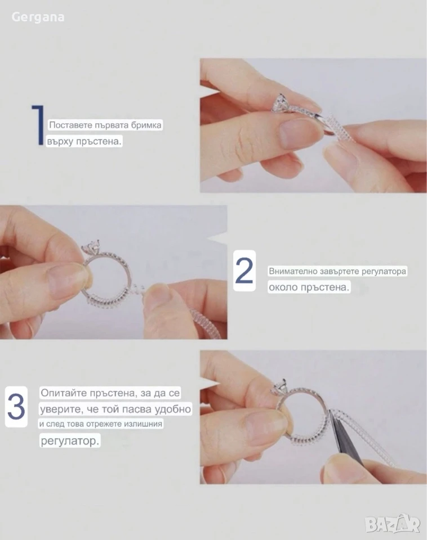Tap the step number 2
(244, 271)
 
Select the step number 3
(16, 407)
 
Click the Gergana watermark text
(38, 17)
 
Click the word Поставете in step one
(70, 125)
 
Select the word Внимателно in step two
(293, 271)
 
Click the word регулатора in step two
(384, 271)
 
